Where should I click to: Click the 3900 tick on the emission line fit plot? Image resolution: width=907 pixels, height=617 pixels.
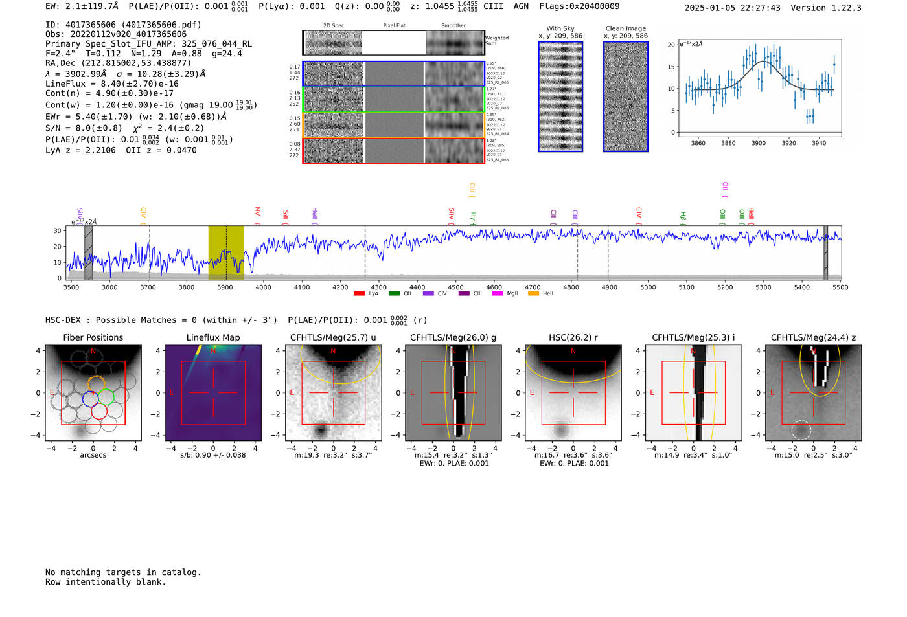pyautogui.click(x=759, y=143)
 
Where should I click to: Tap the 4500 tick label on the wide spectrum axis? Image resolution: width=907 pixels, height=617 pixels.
pyautogui.click(x=455, y=287)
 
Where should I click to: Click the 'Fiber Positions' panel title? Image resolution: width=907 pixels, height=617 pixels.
pyautogui.click(x=93, y=337)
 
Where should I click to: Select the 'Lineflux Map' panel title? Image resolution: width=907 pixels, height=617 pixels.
pyautogui.click(x=213, y=337)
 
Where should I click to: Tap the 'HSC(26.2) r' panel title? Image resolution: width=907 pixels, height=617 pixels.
pyautogui.click(x=573, y=337)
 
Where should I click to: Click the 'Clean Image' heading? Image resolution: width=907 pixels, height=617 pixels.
pyautogui.click(x=625, y=28)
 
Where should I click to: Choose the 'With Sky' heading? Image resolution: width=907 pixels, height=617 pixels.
pyautogui.click(x=560, y=28)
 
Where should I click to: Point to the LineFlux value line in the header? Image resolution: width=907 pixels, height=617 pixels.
pyautogui.click(x=112, y=84)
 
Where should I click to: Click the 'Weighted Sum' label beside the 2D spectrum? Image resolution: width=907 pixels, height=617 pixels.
pyautogui.click(x=496, y=41)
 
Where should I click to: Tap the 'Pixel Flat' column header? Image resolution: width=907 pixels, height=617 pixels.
pyautogui.click(x=394, y=26)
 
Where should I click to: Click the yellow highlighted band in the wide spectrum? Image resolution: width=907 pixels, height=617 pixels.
pyautogui.click(x=226, y=252)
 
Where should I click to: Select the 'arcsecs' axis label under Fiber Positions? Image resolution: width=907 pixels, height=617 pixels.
pyautogui.click(x=93, y=455)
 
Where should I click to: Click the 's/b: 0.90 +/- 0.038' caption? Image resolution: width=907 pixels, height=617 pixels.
pyautogui.click(x=213, y=455)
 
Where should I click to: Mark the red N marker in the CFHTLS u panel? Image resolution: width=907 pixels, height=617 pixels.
pyautogui.click(x=333, y=351)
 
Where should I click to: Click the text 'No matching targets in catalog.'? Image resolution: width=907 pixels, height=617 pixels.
pyautogui.click(x=123, y=572)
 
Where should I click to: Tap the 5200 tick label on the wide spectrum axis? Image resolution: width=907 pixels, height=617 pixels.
pyautogui.click(x=725, y=287)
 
